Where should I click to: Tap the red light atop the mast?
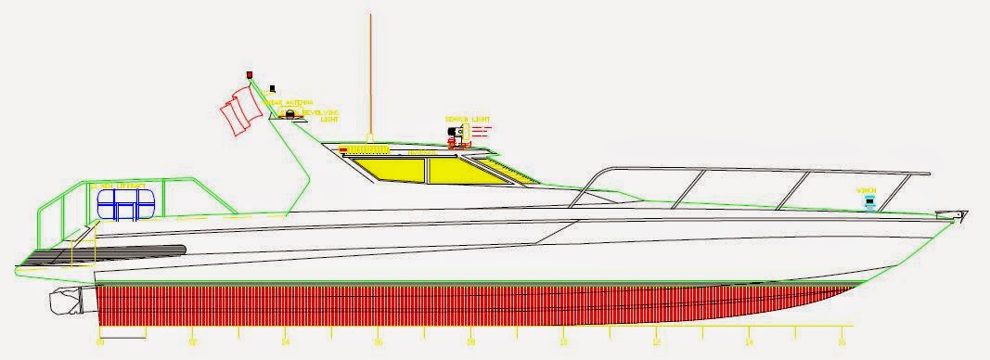(x=249, y=74)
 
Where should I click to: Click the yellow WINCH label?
(x=867, y=188)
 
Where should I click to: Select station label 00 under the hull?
(x=99, y=341)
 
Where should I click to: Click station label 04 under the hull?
(x=285, y=341)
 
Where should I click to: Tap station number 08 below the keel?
(x=470, y=341)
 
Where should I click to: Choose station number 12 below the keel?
(x=656, y=341)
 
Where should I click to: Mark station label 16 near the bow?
(x=842, y=341)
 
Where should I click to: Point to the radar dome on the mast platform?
(x=292, y=114)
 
